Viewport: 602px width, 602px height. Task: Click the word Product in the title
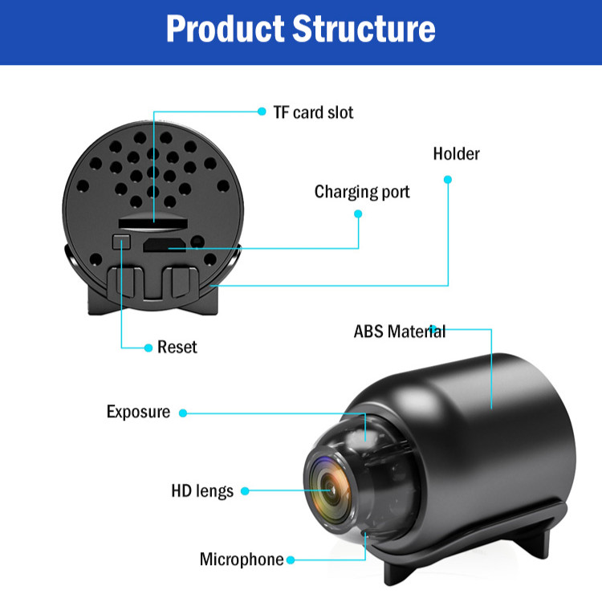click(224, 28)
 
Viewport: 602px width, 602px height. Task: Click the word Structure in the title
click(364, 28)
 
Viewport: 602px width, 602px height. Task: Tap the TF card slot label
click(313, 112)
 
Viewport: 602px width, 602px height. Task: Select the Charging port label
click(362, 192)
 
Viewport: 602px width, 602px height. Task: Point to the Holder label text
click(456, 153)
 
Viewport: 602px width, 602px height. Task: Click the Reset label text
click(177, 347)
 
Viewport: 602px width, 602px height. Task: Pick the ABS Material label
click(399, 332)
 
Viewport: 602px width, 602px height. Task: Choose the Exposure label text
click(138, 412)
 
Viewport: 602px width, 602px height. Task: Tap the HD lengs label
click(202, 490)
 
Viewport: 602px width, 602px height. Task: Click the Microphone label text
click(242, 559)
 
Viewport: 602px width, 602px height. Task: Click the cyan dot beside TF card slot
click(262, 112)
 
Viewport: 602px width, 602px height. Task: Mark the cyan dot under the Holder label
click(448, 178)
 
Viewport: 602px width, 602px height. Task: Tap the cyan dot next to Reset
click(148, 348)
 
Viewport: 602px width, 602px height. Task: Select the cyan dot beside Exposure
click(183, 413)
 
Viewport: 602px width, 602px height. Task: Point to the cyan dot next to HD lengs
click(246, 490)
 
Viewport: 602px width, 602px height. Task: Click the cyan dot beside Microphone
click(291, 559)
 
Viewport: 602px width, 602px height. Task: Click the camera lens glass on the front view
click(329, 487)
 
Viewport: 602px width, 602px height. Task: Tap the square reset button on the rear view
click(122, 239)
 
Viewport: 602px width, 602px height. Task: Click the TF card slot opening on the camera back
click(153, 218)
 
